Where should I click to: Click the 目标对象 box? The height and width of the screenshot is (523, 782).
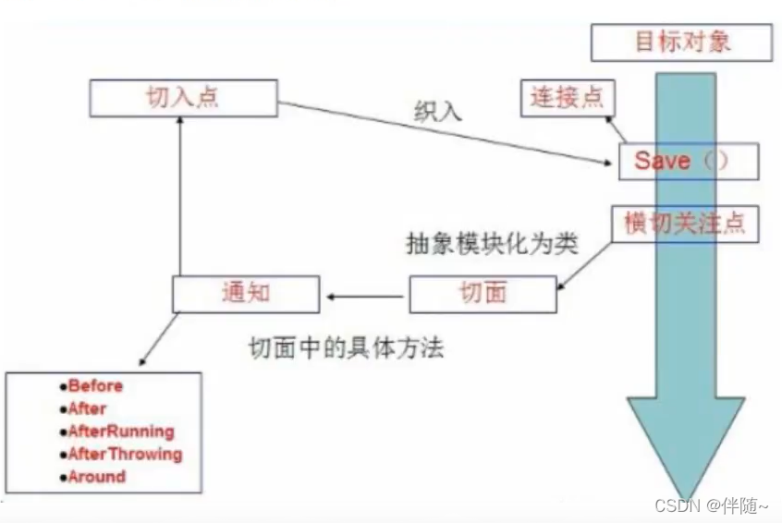tap(682, 42)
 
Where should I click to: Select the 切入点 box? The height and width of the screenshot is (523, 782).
tap(183, 98)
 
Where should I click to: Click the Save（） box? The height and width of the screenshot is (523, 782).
tap(688, 161)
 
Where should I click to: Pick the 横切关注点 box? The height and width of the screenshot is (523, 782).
tap(685, 224)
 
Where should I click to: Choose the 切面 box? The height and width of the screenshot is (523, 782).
tap(483, 294)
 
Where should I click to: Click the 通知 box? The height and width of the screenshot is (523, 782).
tap(245, 294)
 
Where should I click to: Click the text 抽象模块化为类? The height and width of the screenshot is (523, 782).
tap(493, 243)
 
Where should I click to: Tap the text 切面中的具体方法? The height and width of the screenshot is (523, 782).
tap(347, 347)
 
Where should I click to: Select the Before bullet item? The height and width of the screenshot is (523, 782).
tap(94, 386)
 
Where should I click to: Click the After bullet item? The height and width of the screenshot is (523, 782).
tap(87, 408)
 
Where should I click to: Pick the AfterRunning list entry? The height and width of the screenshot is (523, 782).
tap(120, 432)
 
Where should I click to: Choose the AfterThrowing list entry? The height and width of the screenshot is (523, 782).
tap(125, 454)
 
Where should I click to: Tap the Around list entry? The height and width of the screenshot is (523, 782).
tap(96, 477)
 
